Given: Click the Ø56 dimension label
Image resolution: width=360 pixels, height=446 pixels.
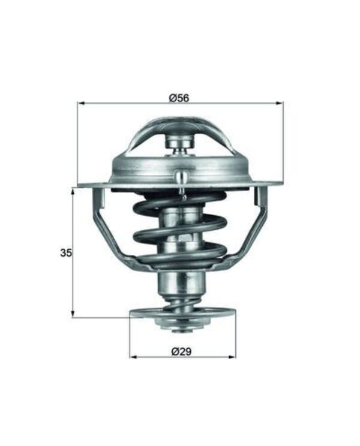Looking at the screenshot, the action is point(179,98).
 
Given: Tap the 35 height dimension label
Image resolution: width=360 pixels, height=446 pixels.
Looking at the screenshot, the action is point(66,252).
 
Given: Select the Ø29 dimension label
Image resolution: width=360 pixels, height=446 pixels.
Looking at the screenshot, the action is point(181,352).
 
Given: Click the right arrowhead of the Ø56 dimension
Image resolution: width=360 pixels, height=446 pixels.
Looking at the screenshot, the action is point(280,103).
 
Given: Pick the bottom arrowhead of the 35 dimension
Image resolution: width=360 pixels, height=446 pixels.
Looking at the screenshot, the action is point(73,313).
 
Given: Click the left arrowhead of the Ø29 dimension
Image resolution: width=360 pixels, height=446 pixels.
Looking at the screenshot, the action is point(133,357).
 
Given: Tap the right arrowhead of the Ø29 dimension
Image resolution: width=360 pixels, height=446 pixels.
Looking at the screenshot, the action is point(232,357).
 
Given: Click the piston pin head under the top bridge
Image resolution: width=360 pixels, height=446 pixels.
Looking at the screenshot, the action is point(179,143).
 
